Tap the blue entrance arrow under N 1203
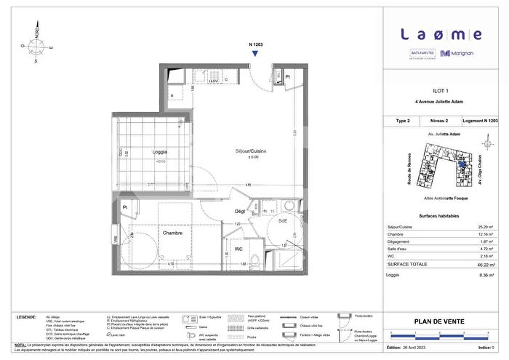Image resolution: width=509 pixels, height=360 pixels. click(255, 63)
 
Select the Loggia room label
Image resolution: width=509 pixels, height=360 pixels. click(149, 152)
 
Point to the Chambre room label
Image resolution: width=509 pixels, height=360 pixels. click(172, 233)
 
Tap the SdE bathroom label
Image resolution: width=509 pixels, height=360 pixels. click(284, 220)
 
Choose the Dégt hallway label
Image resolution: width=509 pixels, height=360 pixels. click(239, 211)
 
